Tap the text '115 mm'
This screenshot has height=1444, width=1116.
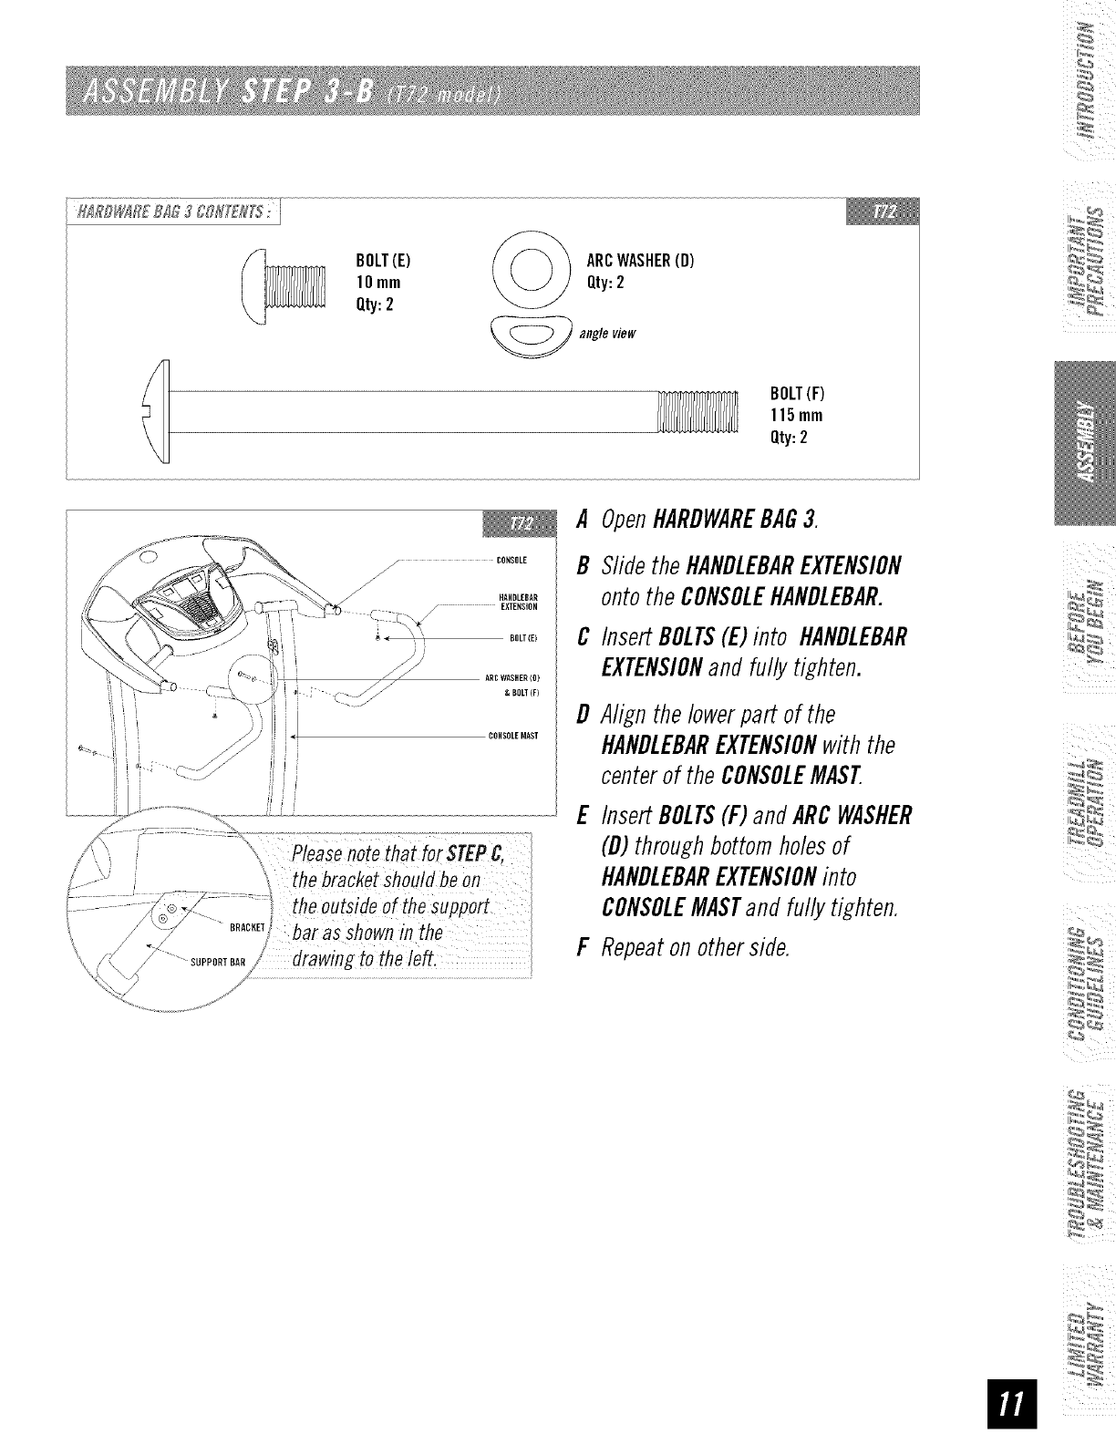click(797, 416)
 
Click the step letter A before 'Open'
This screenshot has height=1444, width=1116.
click(581, 520)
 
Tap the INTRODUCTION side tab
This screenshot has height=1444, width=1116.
click(1084, 81)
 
